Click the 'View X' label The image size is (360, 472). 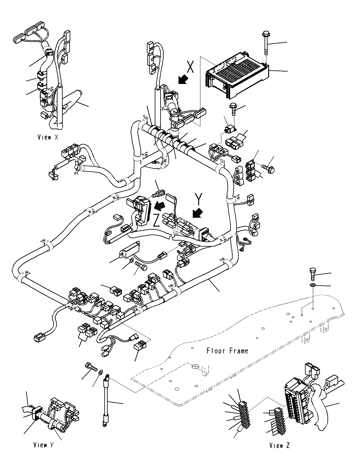pyautogui.click(x=48, y=137)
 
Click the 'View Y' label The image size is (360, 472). pyautogui.click(x=44, y=445)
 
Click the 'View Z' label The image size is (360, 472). pyautogui.click(x=279, y=446)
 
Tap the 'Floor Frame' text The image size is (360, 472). pyautogui.click(x=227, y=351)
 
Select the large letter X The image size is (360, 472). pyautogui.click(x=190, y=67)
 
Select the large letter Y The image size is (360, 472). pyautogui.click(x=198, y=199)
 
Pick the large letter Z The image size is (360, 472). pyautogui.click(x=157, y=221)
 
